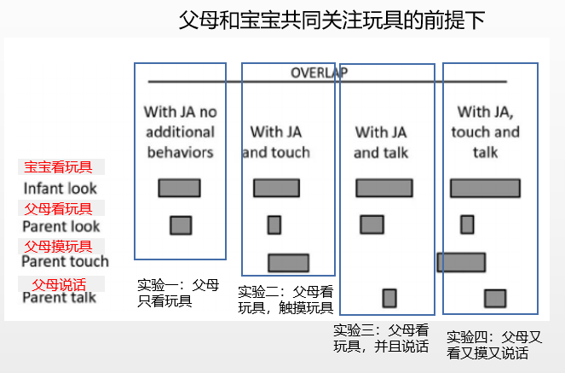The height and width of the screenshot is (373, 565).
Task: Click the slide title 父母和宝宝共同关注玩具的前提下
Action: pos(332,20)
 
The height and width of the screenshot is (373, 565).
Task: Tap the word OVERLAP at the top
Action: pos(320,73)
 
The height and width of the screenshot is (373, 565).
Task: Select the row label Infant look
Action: pos(61,189)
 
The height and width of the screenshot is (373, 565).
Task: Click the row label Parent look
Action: pos(61,226)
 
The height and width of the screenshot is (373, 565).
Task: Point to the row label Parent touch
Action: pos(66,261)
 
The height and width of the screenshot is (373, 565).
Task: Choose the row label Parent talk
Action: pos(60,298)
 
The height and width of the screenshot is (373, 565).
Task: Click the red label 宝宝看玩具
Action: pos(58,167)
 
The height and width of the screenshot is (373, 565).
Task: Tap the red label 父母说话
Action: pos(59,284)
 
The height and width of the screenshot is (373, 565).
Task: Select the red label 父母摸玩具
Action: pos(58,247)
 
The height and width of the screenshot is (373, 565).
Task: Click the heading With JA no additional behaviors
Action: pos(180,132)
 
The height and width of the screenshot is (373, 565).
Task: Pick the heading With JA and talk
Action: pos(381,143)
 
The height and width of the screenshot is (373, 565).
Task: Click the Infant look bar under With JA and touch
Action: pos(276,188)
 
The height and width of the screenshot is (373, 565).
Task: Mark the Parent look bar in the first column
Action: pos(181,225)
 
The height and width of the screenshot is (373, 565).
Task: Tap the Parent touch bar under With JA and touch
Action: pos(289,263)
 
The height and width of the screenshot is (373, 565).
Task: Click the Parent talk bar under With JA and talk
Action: pos(389,299)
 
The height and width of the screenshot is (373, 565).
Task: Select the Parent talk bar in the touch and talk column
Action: pos(495,299)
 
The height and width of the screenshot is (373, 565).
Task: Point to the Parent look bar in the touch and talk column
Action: pos(467,224)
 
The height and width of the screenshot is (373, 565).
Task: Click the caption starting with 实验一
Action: pos(178,293)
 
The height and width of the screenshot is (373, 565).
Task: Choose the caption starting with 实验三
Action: pos(381,338)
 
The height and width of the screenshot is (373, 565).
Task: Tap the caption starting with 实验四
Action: pos(494,345)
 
